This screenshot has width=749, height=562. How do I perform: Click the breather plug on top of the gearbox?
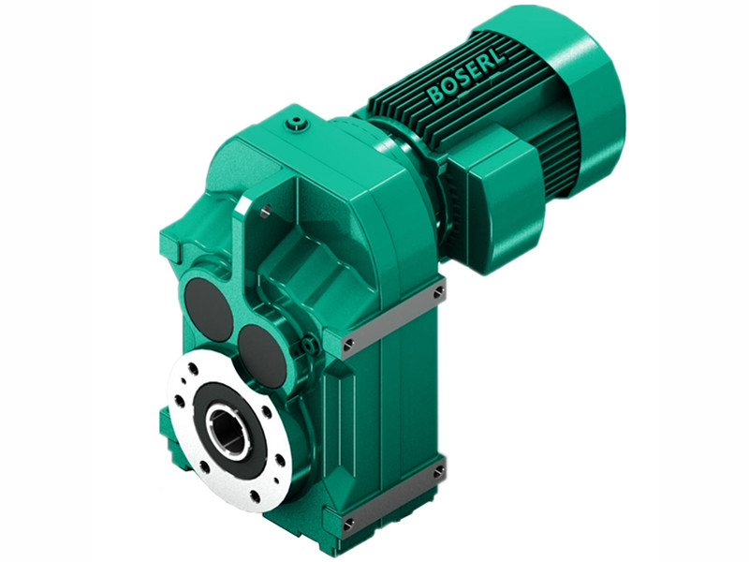(x=298, y=121)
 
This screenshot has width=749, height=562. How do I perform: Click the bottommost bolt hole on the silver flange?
(x=251, y=494)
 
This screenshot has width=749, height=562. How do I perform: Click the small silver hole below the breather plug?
(x=267, y=212)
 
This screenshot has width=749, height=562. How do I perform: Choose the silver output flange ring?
(x=187, y=440)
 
